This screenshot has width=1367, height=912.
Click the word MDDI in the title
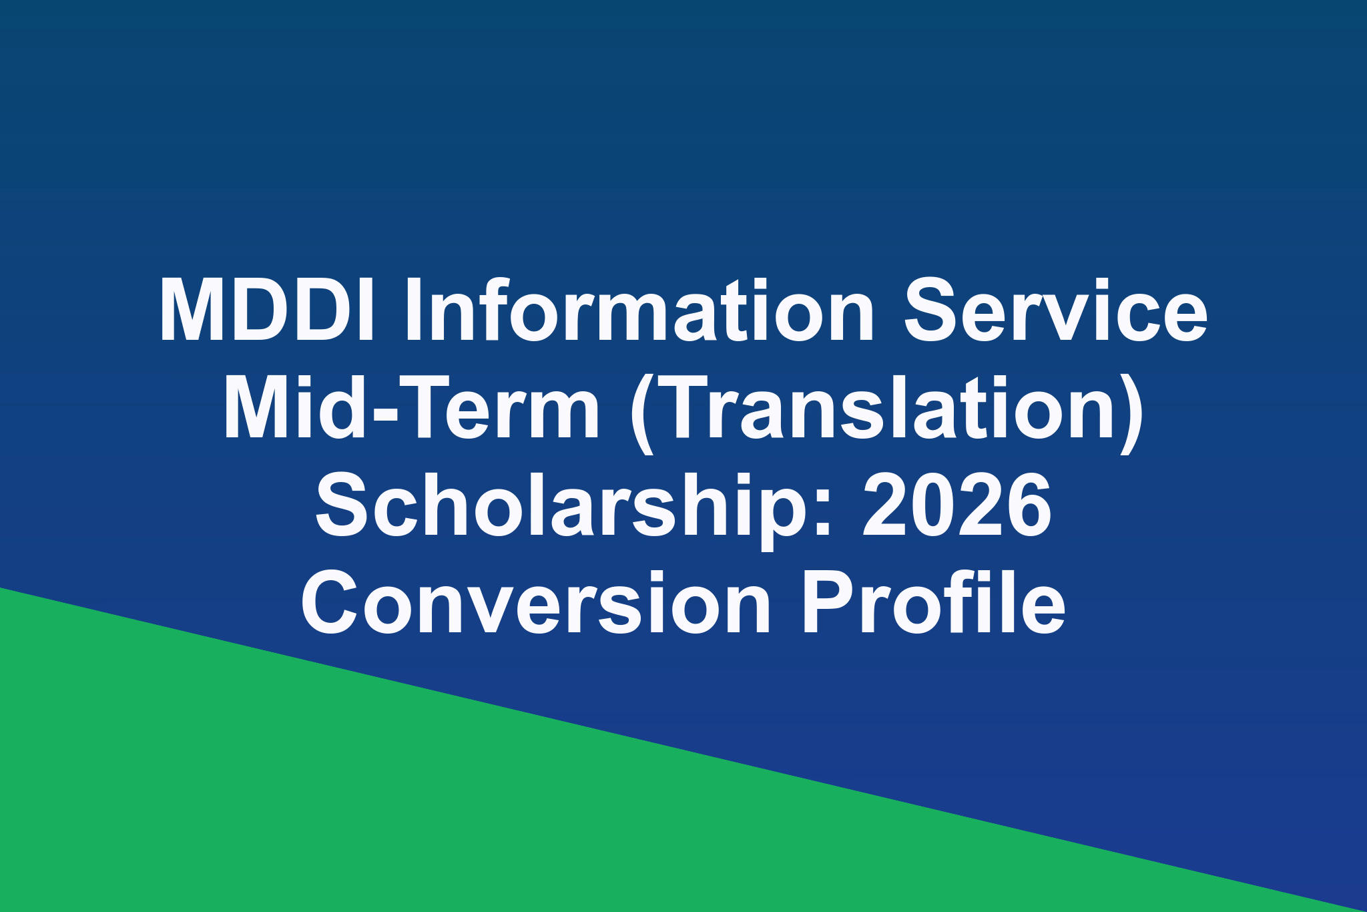pyautogui.click(x=267, y=310)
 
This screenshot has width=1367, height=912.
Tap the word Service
pyautogui.click(x=1055, y=310)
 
